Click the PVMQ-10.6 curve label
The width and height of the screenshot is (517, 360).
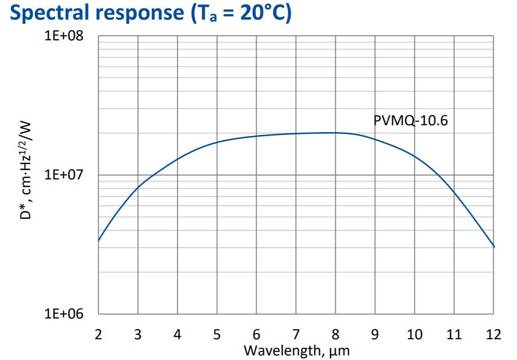tap(411, 121)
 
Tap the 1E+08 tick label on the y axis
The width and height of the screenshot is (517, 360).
tap(64, 36)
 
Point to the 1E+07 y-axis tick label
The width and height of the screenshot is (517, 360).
tap(64, 175)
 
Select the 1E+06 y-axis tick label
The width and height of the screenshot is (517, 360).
tap(64, 314)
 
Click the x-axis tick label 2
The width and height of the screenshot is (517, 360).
tap(98, 334)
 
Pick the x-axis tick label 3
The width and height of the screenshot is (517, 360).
tap(138, 334)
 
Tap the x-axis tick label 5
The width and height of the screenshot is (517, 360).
tap(217, 334)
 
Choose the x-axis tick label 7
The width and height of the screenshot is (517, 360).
tap(296, 334)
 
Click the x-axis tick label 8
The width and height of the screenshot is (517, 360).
tap(336, 334)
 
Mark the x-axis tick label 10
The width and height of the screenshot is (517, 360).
tap(414, 334)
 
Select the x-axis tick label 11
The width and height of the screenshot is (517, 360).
tap(454, 334)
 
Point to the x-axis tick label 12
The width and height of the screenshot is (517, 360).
tap(494, 334)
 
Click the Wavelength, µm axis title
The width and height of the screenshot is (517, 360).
tap(297, 350)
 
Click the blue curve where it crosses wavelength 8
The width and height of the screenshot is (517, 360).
tap(336, 133)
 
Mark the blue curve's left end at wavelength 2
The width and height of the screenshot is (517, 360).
tap(99, 241)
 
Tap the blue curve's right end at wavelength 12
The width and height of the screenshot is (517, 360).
tap(494, 246)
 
